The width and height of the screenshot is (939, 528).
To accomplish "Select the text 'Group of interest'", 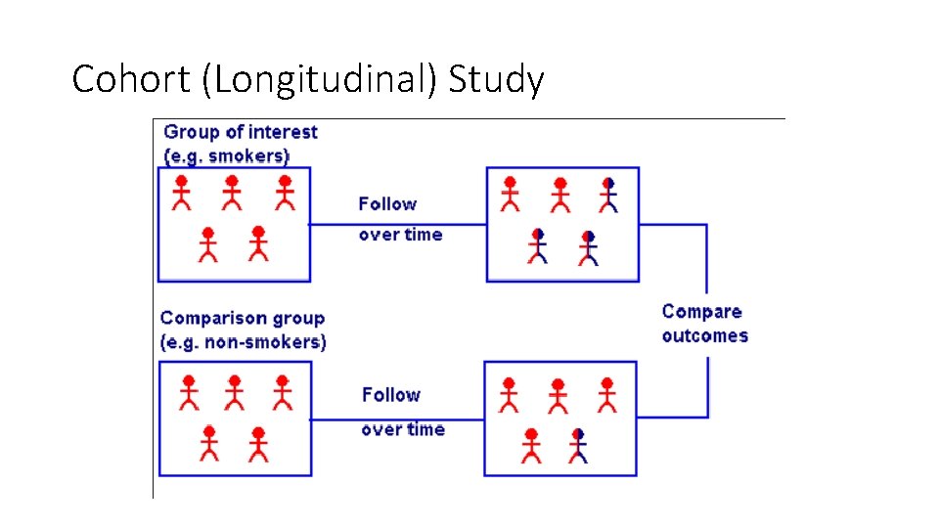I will (x=241, y=132).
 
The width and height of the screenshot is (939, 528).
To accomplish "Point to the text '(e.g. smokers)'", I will (x=227, y=155).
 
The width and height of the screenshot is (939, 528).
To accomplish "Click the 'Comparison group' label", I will (x=243, y=318).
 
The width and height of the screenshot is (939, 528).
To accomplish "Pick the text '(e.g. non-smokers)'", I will (x=244, y=342).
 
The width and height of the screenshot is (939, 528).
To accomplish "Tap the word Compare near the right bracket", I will (x=701, y=312).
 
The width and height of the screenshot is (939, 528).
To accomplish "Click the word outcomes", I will (x=704, y=335).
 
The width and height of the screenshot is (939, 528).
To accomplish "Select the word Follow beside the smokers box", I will (x=387, y=203).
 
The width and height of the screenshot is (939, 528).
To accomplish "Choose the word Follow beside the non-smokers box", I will (x=390, y=395).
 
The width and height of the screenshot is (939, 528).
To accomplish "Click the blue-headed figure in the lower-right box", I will (x=578, y=446).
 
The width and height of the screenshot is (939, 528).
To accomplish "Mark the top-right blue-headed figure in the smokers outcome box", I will (x=608, y=195).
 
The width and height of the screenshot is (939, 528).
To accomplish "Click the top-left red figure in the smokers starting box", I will (x=181, y=194).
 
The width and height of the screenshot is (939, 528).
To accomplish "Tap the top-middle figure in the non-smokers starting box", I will (x=235, y=393).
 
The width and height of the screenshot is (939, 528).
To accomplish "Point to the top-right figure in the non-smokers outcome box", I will (x=606, y=395).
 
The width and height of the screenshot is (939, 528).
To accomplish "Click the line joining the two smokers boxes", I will (x=398, y=224).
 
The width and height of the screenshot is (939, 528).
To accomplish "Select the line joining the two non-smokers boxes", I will (x=397, y=420).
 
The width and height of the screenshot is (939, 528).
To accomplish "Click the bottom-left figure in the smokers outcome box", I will (x=538, y=246).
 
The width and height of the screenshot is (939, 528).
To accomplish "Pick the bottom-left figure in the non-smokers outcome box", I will (x=531, y=446).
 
